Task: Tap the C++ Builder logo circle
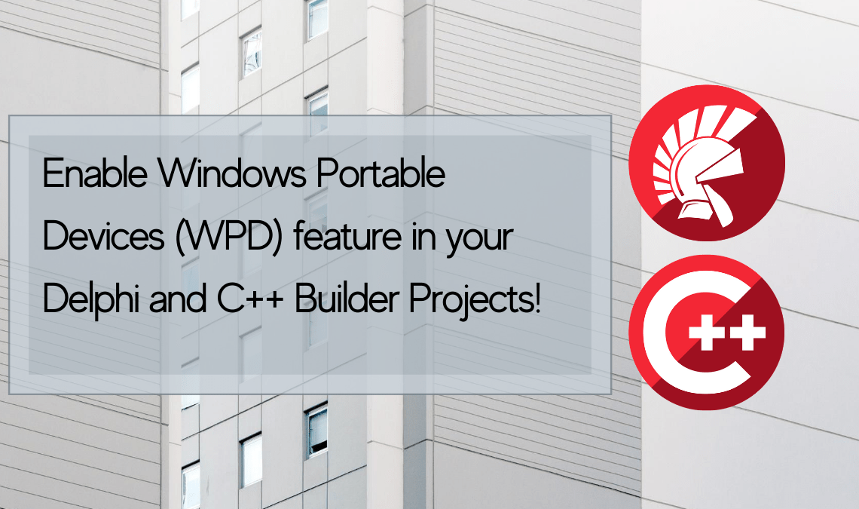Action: [x=707, y=333]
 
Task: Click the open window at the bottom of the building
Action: [x=317, y=429]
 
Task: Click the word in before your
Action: [x=422, y=238]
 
